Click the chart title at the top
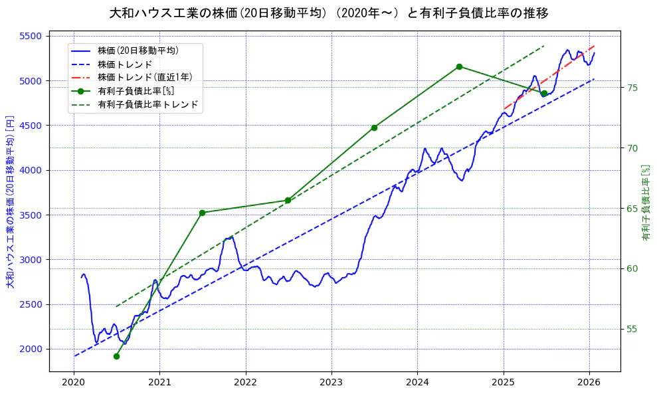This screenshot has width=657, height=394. pos(329,13)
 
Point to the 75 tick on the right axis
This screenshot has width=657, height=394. pos(633,88)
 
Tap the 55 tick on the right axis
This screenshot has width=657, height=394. pos(633,330)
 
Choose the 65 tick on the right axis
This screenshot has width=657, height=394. pos(633,209)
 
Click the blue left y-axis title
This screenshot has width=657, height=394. pos(10,202)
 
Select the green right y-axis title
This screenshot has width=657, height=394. pos(646,202)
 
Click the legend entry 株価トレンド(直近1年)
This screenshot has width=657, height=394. pos(145,77)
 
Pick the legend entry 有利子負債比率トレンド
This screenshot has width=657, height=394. pos(147,104)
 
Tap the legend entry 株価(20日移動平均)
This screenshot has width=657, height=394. pos(138,50)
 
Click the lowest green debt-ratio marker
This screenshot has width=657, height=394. pos(116,356)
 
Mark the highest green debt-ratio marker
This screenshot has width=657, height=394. pos(459,66)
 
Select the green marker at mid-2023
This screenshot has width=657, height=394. pos(374,128)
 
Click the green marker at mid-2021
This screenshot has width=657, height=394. pos(202,213)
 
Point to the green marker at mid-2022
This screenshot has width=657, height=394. pos(288,200)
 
